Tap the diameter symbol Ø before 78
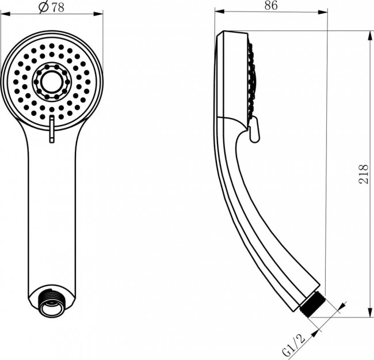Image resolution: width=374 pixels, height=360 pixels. pos(42,7)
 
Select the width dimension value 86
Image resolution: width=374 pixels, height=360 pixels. pos(270,7)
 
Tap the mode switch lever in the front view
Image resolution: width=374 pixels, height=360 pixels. pos(51,127)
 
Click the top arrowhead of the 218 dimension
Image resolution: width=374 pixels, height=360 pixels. pos(369,35)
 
